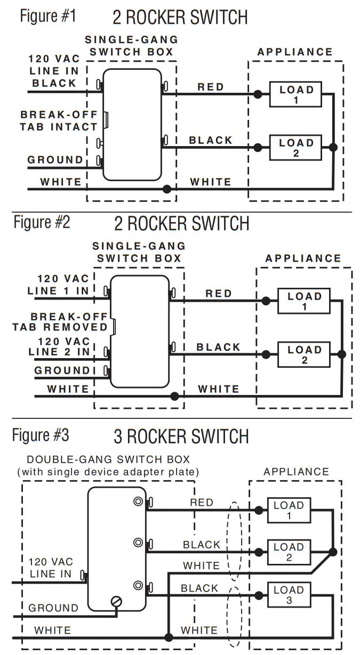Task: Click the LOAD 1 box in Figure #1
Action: [x=296, y=95]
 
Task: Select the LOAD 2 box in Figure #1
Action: [x=296, y=148]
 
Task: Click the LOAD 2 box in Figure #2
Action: [x=304, y=355]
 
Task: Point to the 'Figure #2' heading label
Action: [x=42, y=222]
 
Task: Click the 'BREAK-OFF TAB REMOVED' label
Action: [x=60, y=321]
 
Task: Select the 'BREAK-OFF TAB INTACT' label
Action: [x=59, y=120]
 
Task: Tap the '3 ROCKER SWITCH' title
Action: [x=181, y=437]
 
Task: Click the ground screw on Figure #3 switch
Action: [x=116, y=602]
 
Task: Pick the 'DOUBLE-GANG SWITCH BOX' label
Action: [x=108, y=459]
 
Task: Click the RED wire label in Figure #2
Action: [x=219, y=294]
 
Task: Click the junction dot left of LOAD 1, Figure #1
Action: [x=258, y=94]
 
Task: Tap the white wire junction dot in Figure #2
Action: [x=174, y=396]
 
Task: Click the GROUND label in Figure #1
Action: [x=55, y=159]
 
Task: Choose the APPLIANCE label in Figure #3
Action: [x=296, y=472]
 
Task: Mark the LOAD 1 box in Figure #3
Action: [x=289, y=510]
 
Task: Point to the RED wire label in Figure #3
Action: [x=201, y=502]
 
